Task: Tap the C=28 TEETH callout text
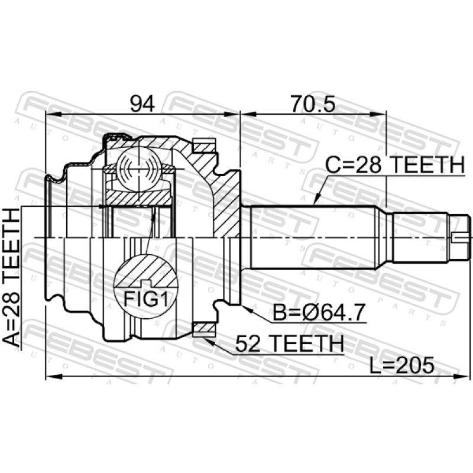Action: pos(395,165)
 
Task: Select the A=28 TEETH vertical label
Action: pos(11,277)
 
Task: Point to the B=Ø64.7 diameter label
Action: pos(319,312)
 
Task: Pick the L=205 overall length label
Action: pos(402,365)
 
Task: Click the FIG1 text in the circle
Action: pos(145,299)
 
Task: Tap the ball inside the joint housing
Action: pos(138,169)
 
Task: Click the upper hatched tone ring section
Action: pos(204,146)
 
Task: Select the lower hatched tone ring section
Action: pos(204,328)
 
